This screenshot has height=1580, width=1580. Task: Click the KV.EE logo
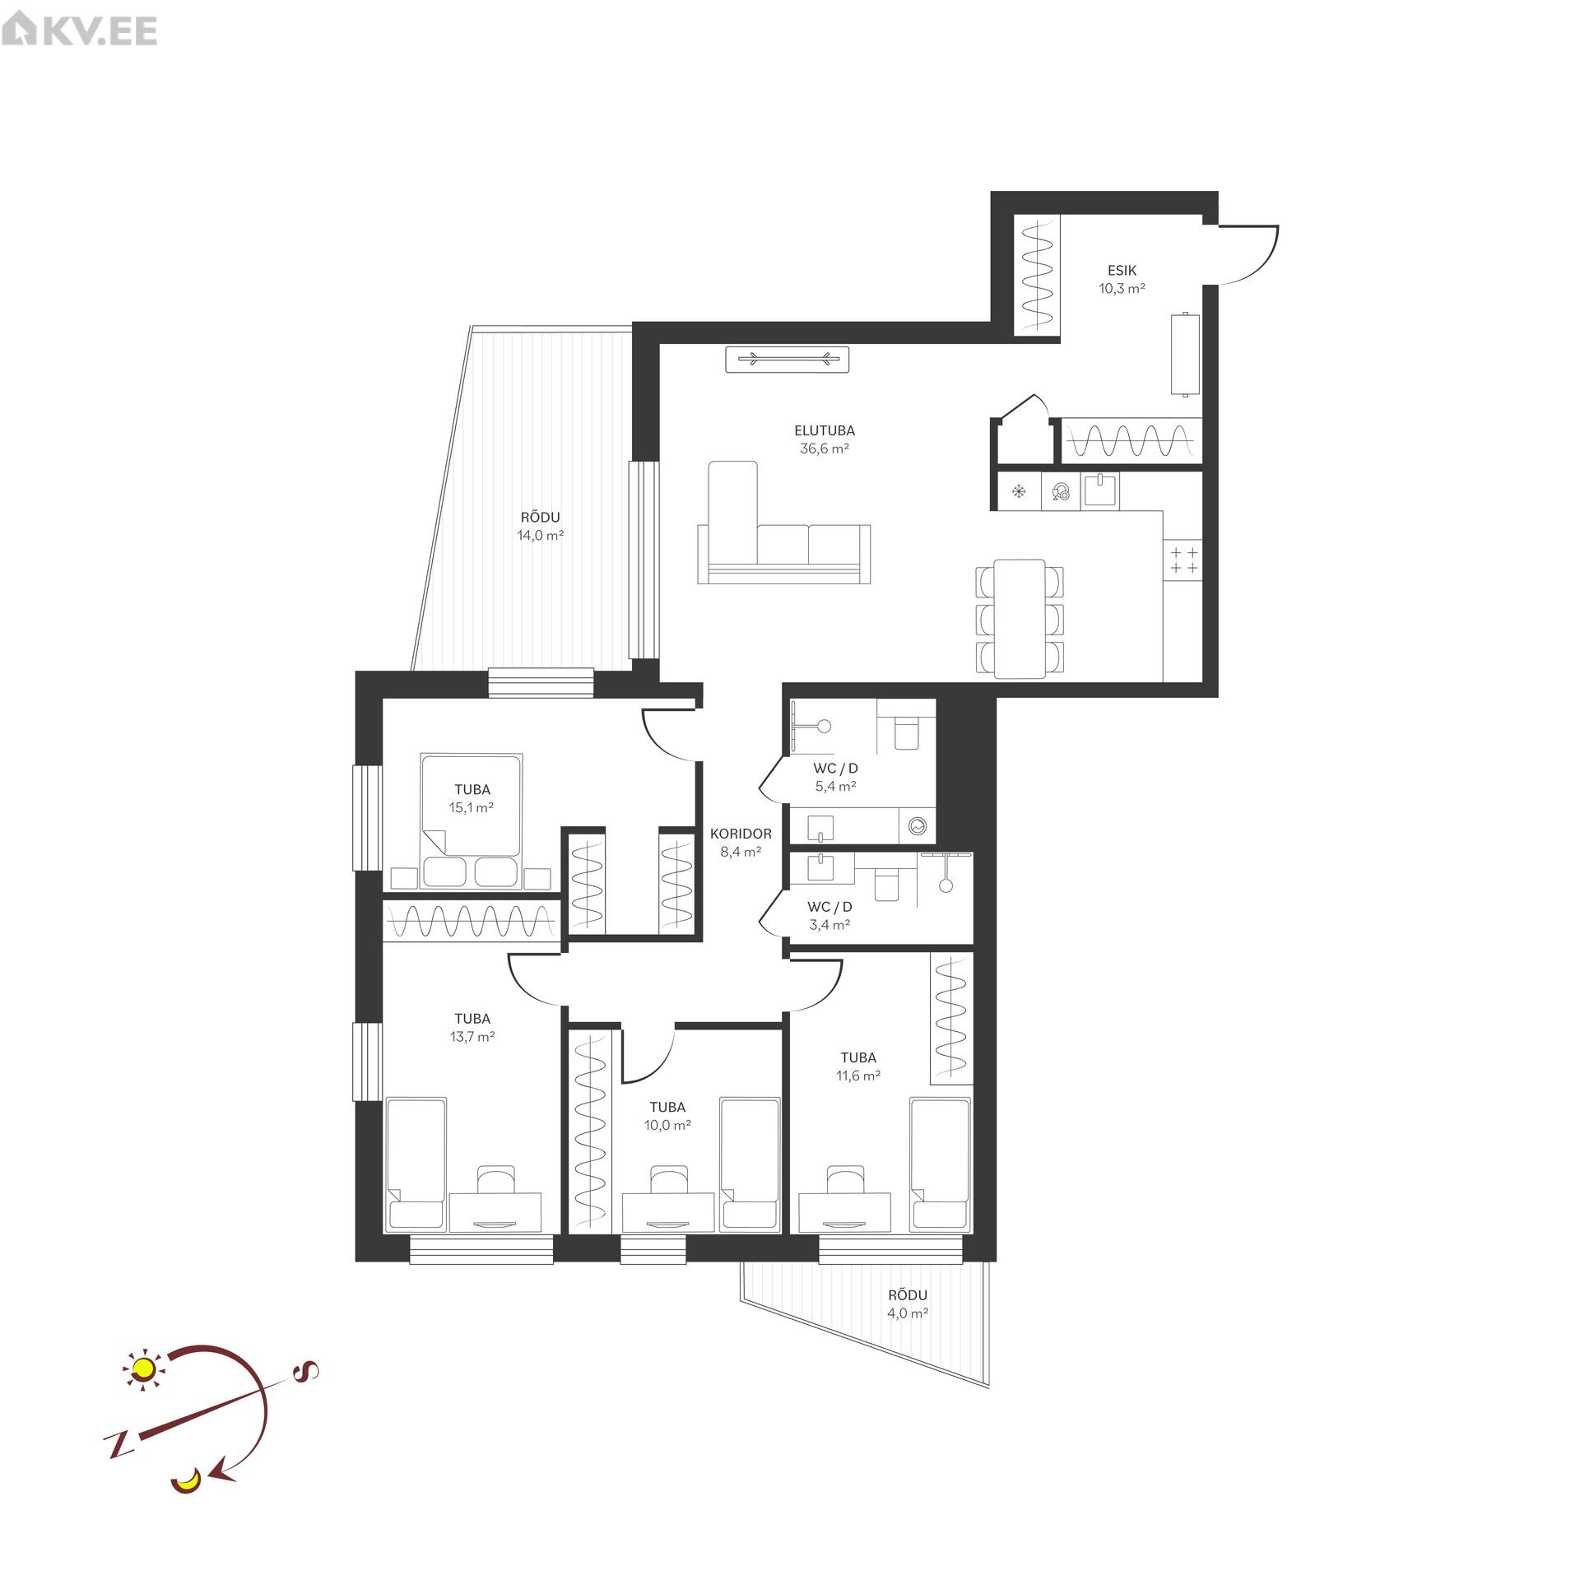pyautogui.click(x=79, y=31)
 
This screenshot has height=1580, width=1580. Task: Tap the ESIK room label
pyautogui.click(x=1122, y=270)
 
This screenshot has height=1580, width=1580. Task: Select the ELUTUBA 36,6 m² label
pyautogui.click(x=825, y=439)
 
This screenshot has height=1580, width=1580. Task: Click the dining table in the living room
pyautogui.click(x=1020, y=619)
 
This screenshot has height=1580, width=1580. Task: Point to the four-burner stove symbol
pyautogui.click(x=1183, y=560)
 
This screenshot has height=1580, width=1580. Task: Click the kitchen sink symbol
pyautogui.click(x=1100, y=490)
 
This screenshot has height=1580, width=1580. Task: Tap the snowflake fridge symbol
pyautogui.click(x=1019, y=492)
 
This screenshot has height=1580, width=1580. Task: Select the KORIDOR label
pyautogui.click(x=741, y=834)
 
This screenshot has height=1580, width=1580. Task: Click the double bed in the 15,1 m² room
pyautogui.click(x=471, y=820)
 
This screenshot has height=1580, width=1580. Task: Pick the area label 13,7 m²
pyautogui.click(x=472, y=1037)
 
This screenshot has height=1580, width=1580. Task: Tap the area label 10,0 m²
pyautogui.click(x=667, y=1126)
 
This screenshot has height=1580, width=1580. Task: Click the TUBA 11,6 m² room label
pyautogui.click(x=858, y=1066)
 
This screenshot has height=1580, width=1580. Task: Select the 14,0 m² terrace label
pyautogui.click(x=540, y=535)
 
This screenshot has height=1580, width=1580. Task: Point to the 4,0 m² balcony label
pyautogui.click(x=908, y=1313)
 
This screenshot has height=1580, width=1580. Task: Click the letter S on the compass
pyautogui.click(x=305, y=1371)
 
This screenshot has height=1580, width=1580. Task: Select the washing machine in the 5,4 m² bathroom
pyautogui.click(x=918, y=825)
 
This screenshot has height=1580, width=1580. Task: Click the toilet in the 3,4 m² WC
pyautogui.click(x=886, y=885)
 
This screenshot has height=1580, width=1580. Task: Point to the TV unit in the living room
pyautogui.click(x=787, y=359)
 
